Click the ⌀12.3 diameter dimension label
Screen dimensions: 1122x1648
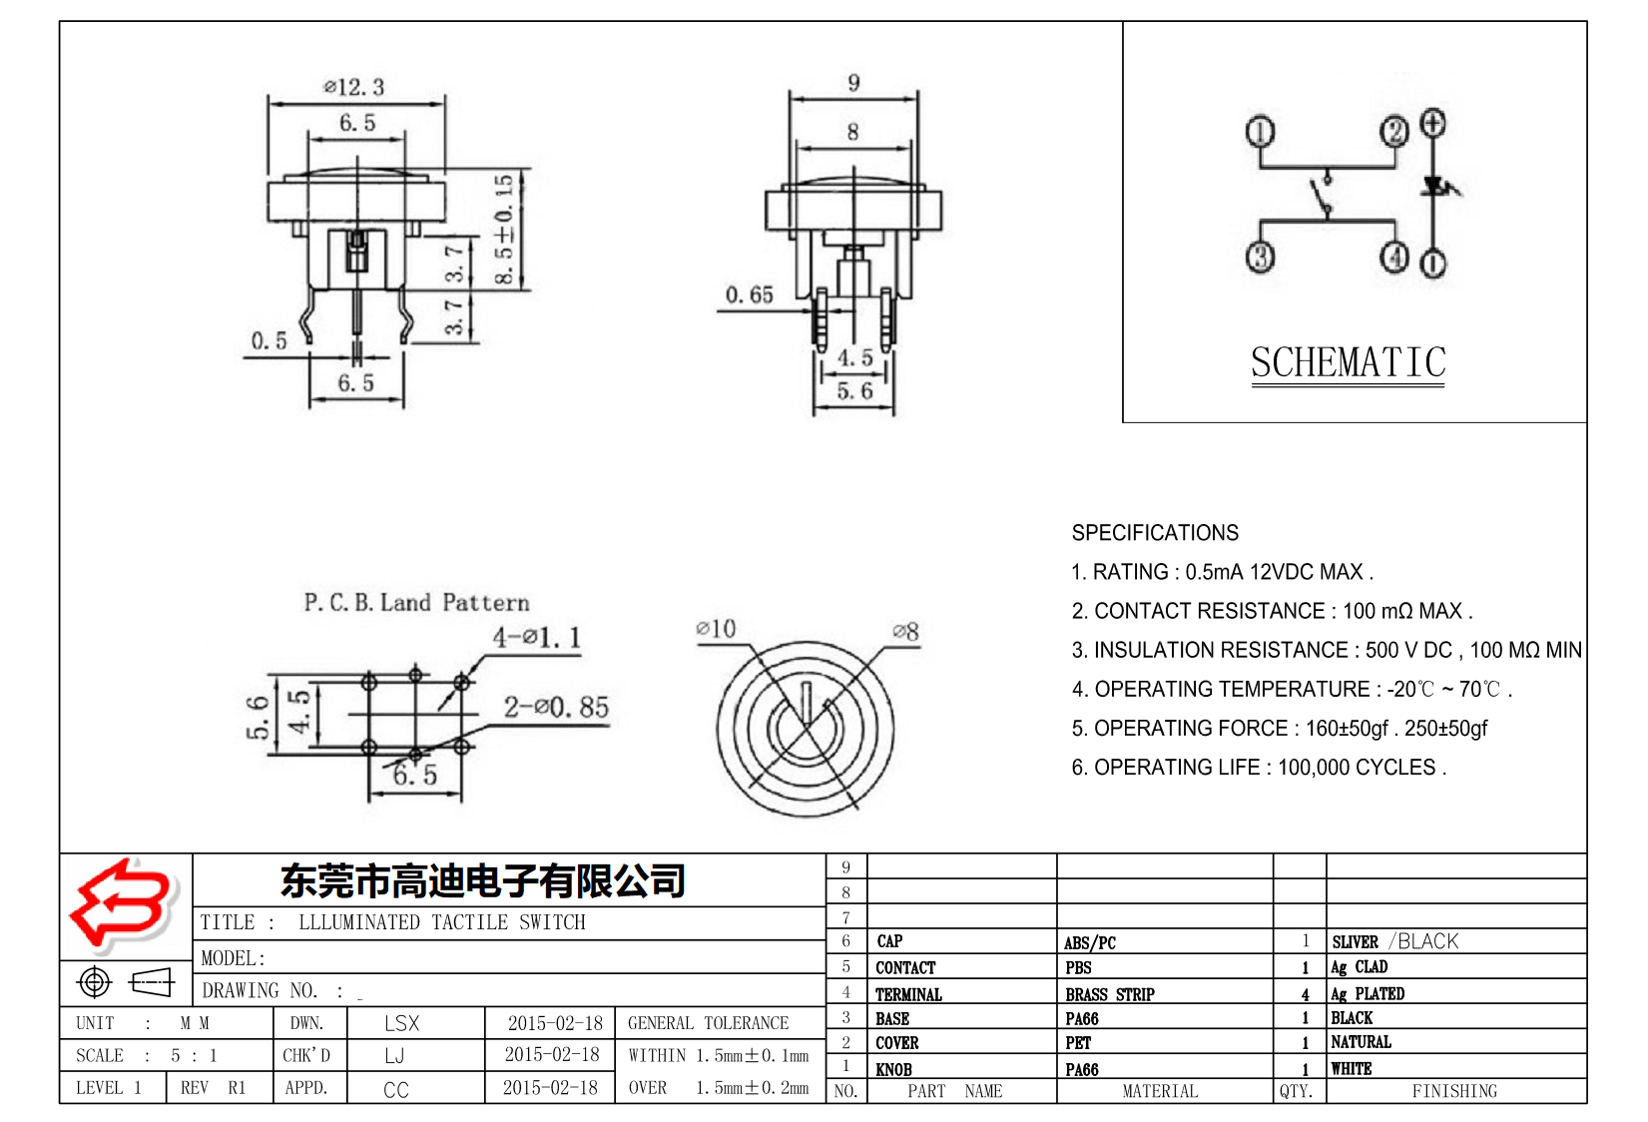(x=354, y=87)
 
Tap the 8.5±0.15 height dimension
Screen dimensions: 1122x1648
(x=505, y=230)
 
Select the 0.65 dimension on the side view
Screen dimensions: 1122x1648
(x=749, y=294)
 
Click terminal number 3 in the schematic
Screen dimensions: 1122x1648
(x=1260, y=258)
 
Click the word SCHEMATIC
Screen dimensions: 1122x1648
(x=1348, y=362)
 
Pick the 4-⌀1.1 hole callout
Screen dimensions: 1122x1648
(x=536, y=637)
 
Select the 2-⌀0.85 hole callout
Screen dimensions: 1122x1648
(x=556, y=707)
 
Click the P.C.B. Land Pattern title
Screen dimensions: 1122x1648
(x=416, y=602)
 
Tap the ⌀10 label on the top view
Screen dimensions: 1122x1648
(x=716, y=629)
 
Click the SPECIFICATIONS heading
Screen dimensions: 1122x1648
(x=1155, y=533)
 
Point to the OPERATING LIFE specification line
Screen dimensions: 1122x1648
(x=1258, y=767)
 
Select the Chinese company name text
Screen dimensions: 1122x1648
(x=483, y=880)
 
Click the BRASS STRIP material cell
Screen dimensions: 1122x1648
(x=1109, y=994)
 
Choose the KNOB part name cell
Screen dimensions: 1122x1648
(x=893, y=1069)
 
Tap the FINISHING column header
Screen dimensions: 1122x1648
(x=1453, y=1091)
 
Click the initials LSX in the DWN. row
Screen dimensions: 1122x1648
(x=401, y=1023)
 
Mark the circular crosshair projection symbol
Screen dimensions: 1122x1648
(x=95, y=982)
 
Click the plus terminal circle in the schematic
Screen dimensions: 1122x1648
(x=1432, y=124)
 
